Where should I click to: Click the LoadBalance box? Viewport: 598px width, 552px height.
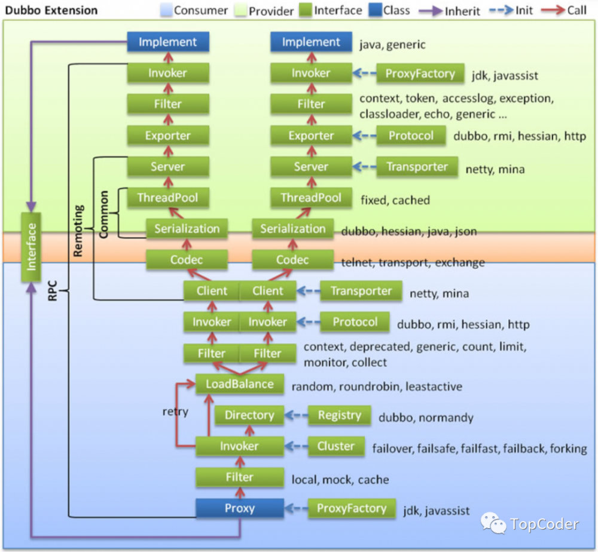(239, 384)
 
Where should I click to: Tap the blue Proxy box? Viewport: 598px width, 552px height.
(239, 508)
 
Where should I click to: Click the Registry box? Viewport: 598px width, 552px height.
(339, 415)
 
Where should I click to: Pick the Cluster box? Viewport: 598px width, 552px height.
(335, 446)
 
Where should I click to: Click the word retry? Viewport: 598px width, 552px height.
(175, 412)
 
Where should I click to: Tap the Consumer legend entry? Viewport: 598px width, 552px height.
(194, 10)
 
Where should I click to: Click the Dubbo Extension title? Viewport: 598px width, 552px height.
(51, 10)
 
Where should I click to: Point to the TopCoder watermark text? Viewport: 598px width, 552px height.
(544, 525)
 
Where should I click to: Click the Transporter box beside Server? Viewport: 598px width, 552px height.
(417, 167)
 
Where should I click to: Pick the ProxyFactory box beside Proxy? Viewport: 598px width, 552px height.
(351, 508)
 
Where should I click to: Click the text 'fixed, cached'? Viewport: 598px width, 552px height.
(395, 200)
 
